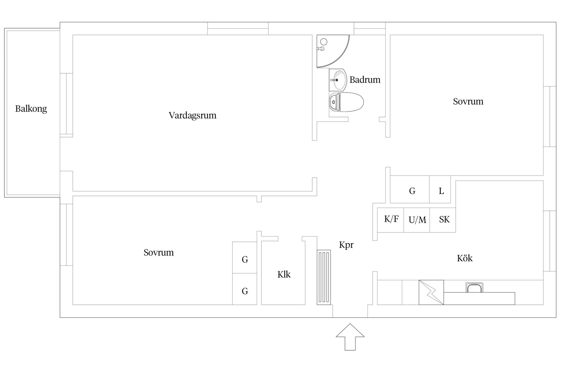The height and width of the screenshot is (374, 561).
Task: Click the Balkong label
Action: [31, 109]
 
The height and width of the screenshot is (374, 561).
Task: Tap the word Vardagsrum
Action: [192, 115]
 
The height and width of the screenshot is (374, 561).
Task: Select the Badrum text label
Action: [365, 80]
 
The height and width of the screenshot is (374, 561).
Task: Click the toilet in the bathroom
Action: [346, 102]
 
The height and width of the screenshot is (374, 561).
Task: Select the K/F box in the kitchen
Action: [391, 219]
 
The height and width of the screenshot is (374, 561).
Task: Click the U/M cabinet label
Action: [417, 220]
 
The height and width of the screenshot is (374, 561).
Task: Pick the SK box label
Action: [444, 219]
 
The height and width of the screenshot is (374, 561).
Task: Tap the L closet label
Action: [441, 191]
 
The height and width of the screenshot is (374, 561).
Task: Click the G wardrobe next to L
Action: [412, 191]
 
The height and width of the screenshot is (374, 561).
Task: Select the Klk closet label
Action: [284, 275]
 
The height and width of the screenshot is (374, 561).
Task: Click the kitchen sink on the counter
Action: [474, 288]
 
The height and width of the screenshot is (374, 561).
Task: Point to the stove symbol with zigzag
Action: [431, 292]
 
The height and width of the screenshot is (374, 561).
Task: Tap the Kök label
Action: [465, 258]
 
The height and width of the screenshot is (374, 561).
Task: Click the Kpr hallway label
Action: [346, 245]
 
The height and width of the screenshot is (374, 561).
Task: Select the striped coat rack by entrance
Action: [324, 277]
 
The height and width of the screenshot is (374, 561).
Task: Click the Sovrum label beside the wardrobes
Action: [159, 252]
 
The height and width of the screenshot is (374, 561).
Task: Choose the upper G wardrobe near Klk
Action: [245, 259]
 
